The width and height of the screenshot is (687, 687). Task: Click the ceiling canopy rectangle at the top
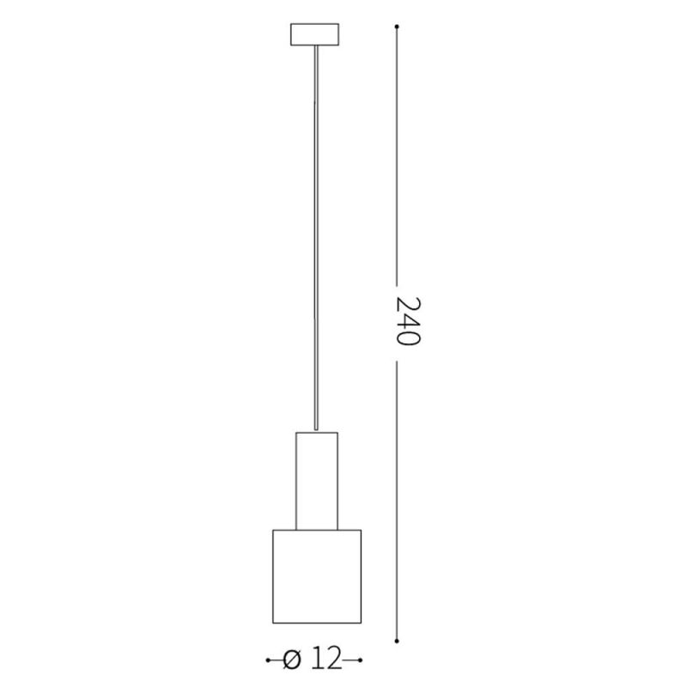tap(317, 35)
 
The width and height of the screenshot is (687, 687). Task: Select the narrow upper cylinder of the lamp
tap(317, 480)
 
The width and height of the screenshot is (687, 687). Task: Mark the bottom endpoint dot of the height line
tap(396, 640)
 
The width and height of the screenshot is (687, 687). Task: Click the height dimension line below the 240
tap(396, 498)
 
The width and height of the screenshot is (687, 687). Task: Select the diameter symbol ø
tap(292, 660)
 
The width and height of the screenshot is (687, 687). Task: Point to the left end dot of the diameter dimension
tap(269, 660)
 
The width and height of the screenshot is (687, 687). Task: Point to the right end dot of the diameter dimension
tap(362, 660)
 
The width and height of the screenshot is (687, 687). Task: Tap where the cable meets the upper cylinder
tap(318, 431)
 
